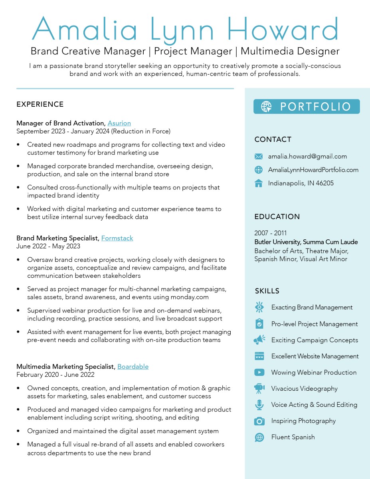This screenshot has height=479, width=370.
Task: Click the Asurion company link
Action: tap(119, 123)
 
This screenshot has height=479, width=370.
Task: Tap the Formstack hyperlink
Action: tap(117, 238)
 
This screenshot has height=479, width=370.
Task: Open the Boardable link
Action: tap(133, 366)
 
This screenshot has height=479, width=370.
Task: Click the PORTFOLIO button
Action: tap(307, 107)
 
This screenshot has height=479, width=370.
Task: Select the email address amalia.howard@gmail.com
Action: tap(307, 156)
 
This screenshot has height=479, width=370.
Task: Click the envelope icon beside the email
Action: tap(259, 156)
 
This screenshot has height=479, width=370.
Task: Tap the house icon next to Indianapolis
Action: tap(259, 183)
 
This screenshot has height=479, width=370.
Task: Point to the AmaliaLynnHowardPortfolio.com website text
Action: tap(313, 170)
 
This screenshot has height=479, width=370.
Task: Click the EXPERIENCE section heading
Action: tap(40, 104)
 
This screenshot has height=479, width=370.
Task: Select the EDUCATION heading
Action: tap(277, 217)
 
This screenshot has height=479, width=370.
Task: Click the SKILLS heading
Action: tap(267, 291)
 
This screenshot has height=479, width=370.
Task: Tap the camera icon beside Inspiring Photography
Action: tap(259, 421)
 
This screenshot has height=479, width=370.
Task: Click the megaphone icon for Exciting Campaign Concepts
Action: tap(259, 340)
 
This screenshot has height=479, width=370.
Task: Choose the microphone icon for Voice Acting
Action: tap(259, 405)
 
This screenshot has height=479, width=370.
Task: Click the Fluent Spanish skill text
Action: tap(293, 437)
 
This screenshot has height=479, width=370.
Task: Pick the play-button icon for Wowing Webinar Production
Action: tap(259, 372)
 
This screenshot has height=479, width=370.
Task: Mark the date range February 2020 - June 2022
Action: tap(55, 375)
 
